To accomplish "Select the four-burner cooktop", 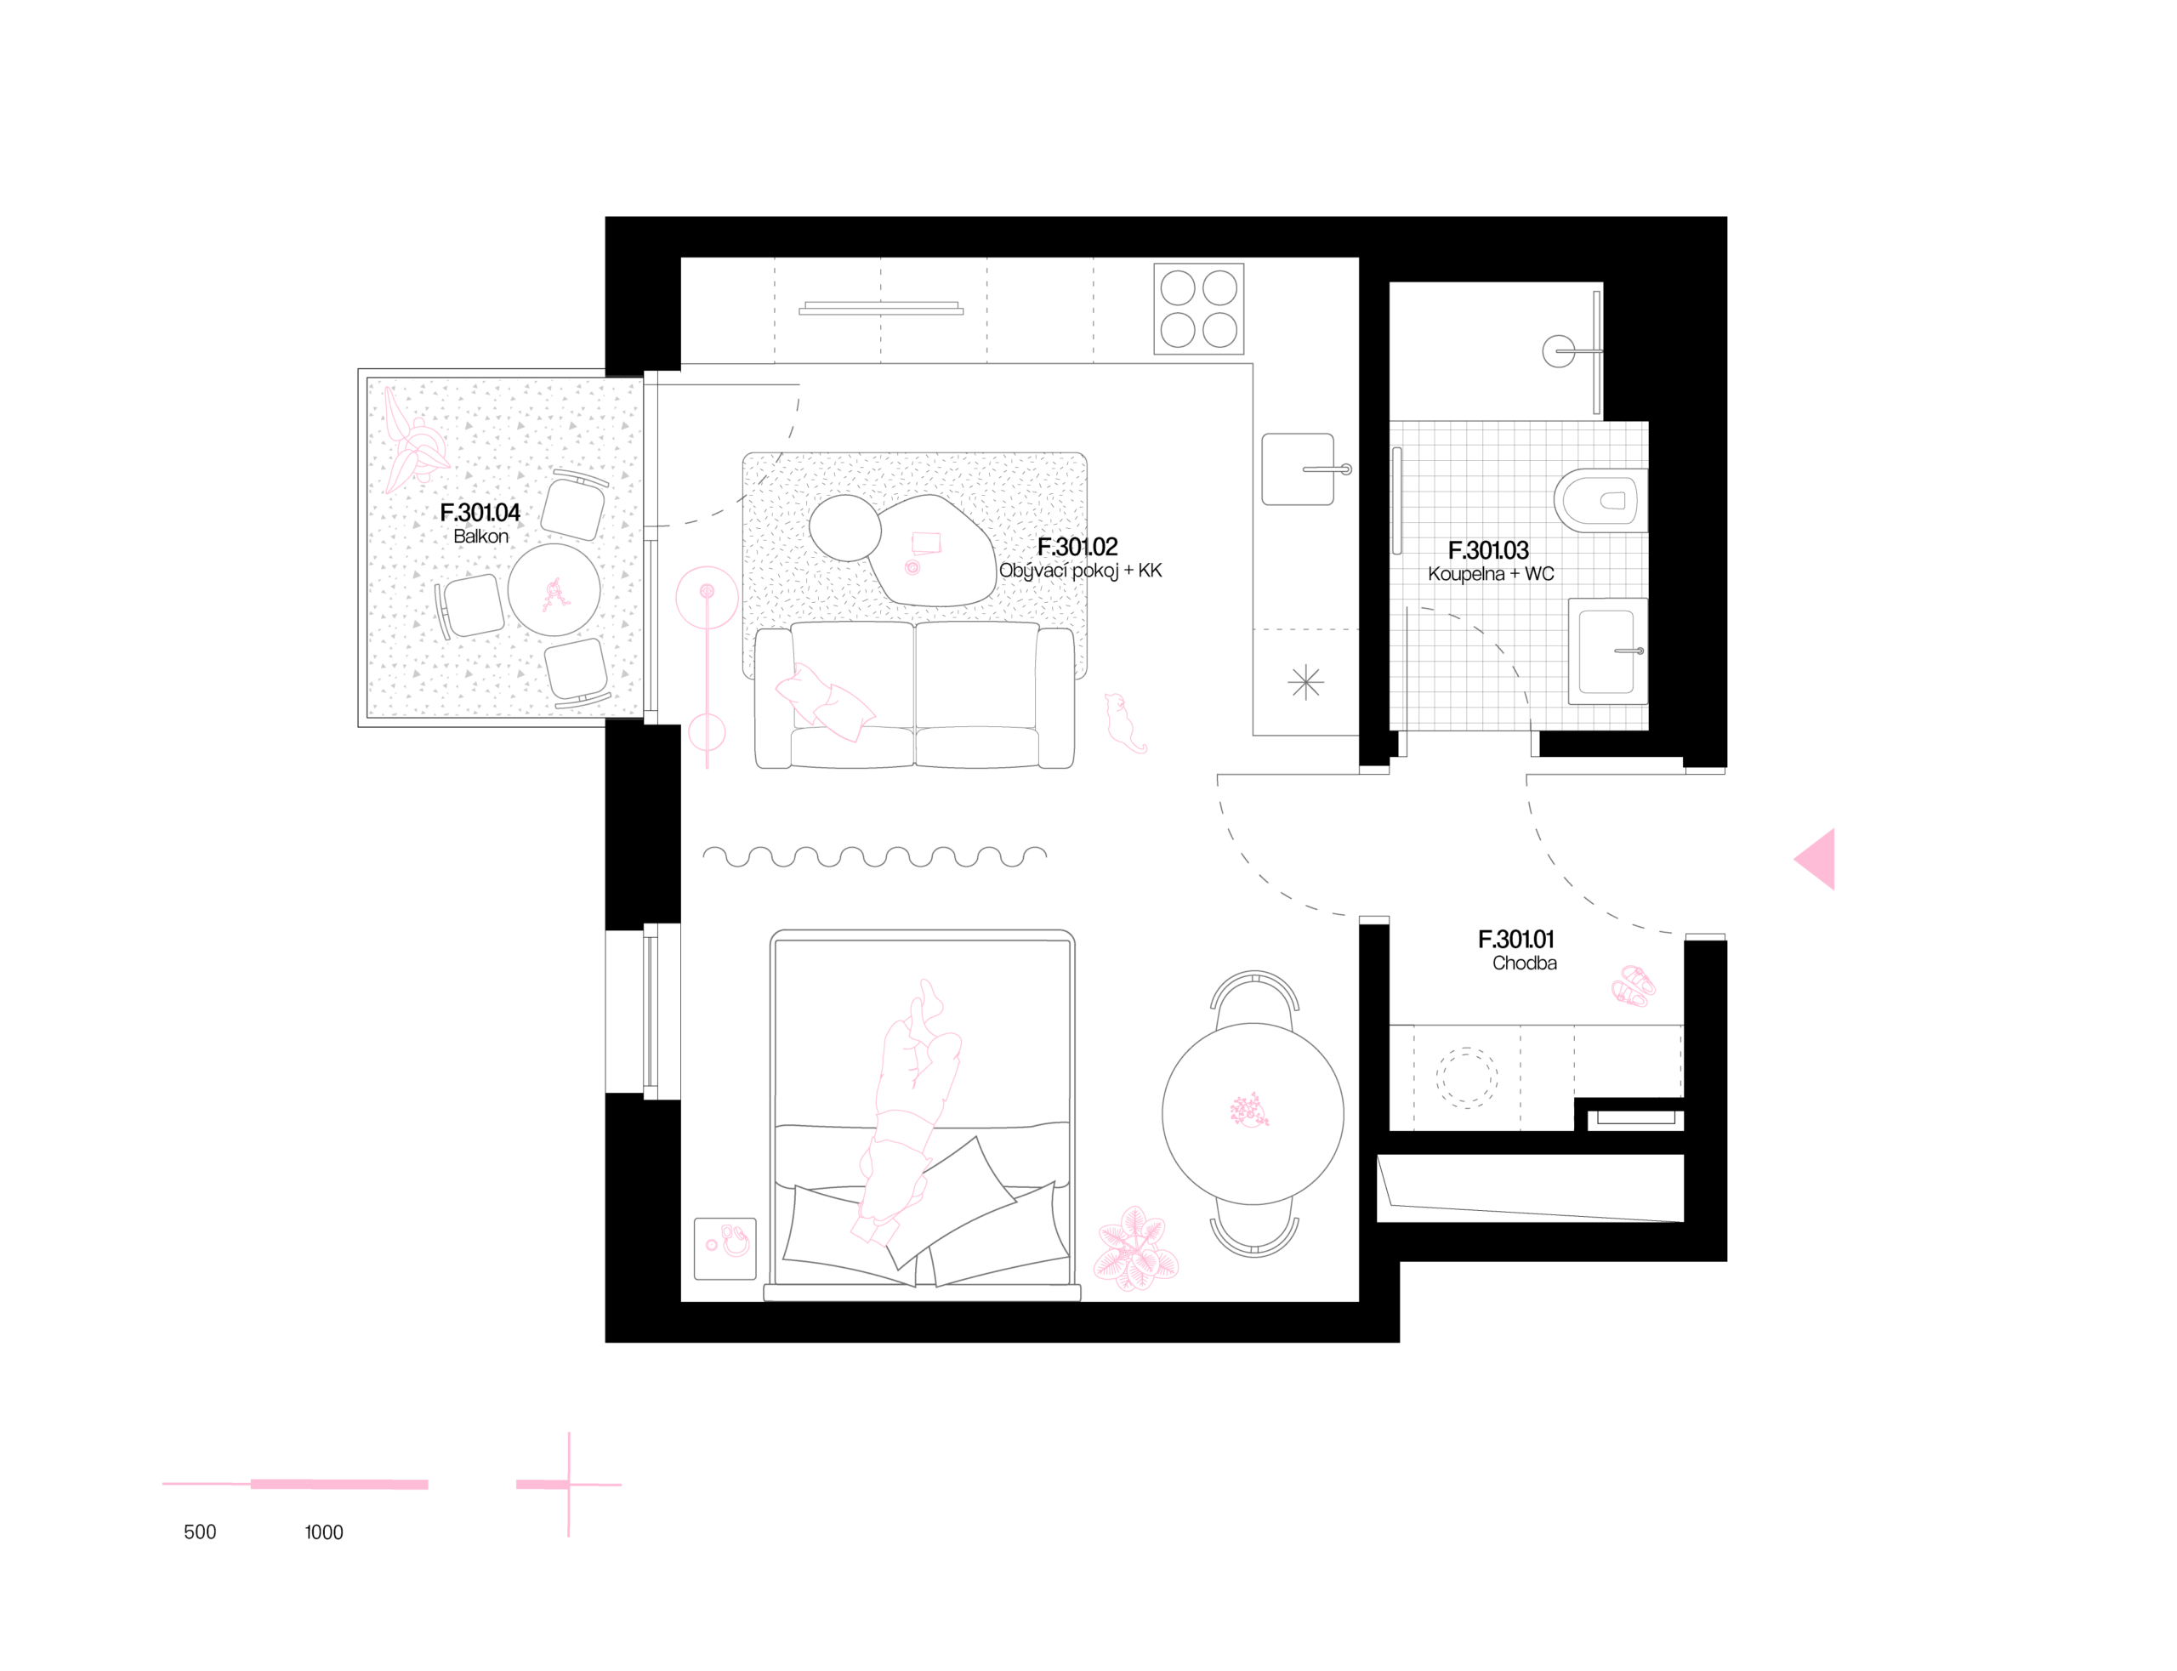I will click(1198, 309).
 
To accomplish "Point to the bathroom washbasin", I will click(1606, 651).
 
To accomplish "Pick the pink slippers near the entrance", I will click(1633, 986).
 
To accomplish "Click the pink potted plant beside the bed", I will click(1134, 1249).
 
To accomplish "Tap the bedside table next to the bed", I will click(724, 1248).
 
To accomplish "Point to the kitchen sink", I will click(1298, 469).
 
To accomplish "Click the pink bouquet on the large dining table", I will click(1249, 1111).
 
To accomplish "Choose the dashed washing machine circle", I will click(1467, 1077).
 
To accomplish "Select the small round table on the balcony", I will click(554, 591).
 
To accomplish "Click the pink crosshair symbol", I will click(569, 1484).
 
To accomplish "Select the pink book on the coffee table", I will click(926, 542).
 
